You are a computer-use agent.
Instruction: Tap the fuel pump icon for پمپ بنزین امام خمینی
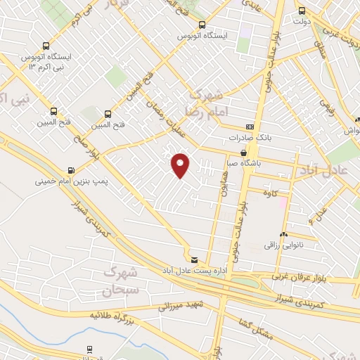(x=71, y=170)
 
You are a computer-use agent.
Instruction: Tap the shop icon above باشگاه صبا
(x=244, y=152)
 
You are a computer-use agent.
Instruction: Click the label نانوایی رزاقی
(x=283, y=245)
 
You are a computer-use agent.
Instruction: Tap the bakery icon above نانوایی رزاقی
(x=283, y=235)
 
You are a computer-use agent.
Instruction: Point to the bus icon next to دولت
(x=302, y=11)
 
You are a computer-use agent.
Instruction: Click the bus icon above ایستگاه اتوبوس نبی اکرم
(x=46, y=44)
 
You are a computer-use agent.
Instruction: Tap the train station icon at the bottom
(x=90, y=349)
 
